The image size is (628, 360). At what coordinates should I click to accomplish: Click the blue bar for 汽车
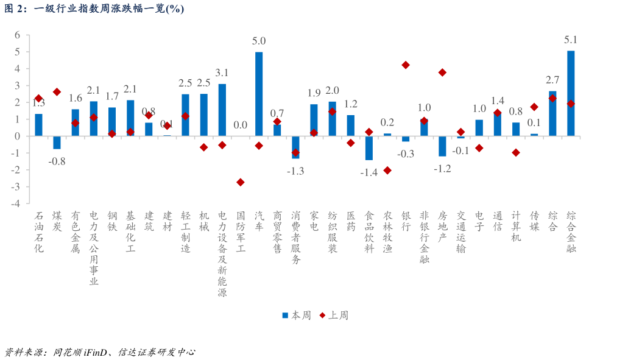tap(259, 94)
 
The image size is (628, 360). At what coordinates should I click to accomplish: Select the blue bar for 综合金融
tap(571, 93)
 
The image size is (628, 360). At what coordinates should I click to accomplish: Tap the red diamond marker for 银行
tap(406, 65)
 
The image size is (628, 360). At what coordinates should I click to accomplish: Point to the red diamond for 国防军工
tap(241, 182)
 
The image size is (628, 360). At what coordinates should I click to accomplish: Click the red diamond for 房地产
tap(442, 72)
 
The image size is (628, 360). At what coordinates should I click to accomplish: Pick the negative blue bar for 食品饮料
tap(369, 148)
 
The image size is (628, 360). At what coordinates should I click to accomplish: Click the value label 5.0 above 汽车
tap(259, 41)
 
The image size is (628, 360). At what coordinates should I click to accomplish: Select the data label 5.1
tap(571, 40)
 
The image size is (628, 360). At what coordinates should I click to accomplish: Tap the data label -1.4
tap(369, 172)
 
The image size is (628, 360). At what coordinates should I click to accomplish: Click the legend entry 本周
tap(297, 315)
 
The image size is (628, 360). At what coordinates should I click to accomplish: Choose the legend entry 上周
tap(333, 315)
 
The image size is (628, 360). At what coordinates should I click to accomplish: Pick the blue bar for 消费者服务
tap(295, 147)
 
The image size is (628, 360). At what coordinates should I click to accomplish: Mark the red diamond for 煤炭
tap(57, 92)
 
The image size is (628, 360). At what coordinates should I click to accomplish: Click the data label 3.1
tap(222, 72)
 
